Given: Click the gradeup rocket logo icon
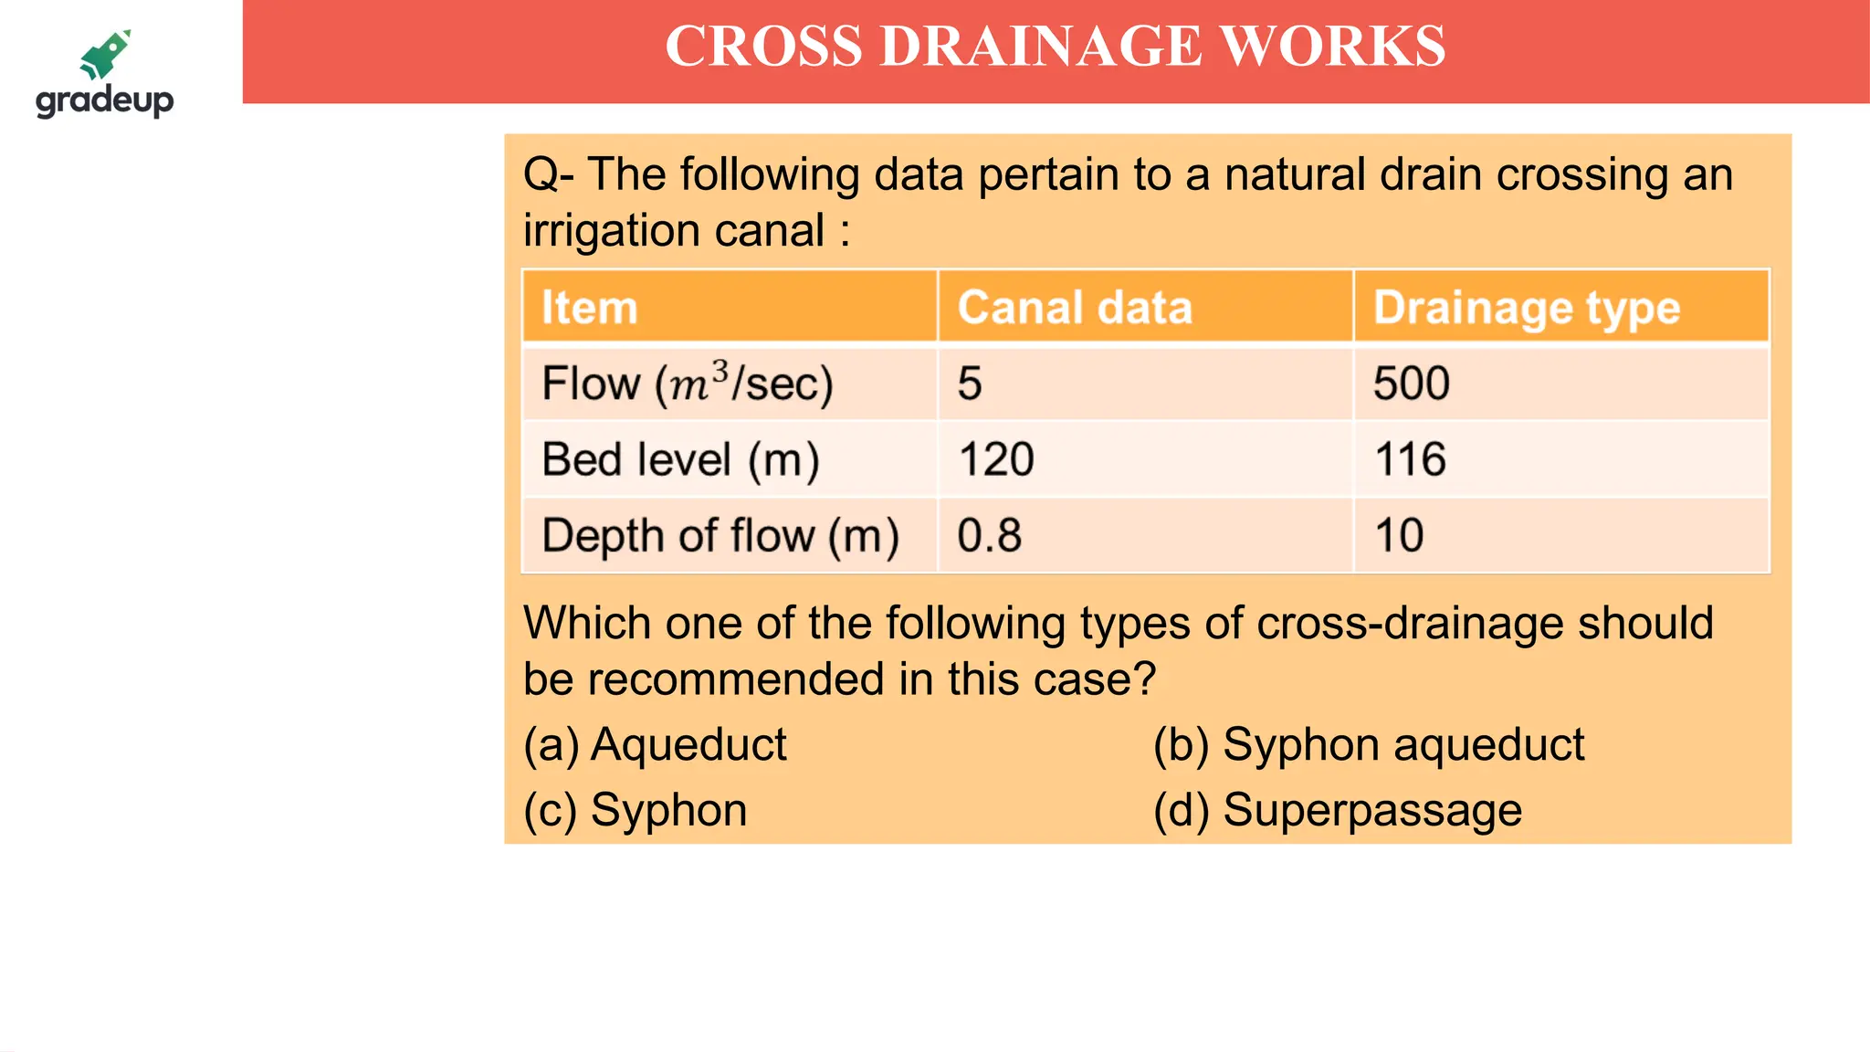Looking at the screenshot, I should coord(106,55).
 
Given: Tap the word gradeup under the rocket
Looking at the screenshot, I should coord(104,100).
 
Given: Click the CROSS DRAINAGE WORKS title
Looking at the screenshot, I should coord(1055,47).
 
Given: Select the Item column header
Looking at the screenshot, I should coord(589,308).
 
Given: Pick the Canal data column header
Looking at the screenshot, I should coord(1075,308).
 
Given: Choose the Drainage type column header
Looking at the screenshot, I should coord(1527,308).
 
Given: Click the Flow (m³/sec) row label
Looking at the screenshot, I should coord(687,384).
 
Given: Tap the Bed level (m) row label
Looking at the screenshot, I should coord(680,459).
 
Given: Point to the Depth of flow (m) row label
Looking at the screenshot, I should coord(720,535).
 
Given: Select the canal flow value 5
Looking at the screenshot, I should coord(970,384).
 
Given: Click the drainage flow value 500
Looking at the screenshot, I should coord(1412,384).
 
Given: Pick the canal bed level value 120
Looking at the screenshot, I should coord(996,459).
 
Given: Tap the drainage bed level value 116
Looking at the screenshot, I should coord(1410,459).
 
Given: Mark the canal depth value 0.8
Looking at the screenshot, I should coord(989,535).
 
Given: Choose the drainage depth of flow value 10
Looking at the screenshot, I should coord(1399,535).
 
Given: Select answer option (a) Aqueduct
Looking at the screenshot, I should coord(655,745).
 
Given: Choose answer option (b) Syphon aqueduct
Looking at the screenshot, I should coord(1368,745).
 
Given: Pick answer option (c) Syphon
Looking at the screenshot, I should coord(636,810).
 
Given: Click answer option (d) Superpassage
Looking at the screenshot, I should coord(1338,810).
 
